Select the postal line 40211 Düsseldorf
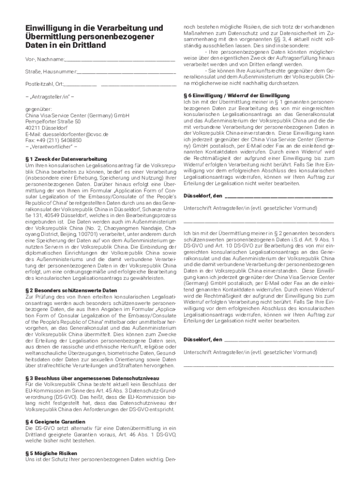coord(46,128)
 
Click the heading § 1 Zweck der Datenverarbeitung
coord(66,159)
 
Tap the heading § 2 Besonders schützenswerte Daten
coord(71,290)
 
